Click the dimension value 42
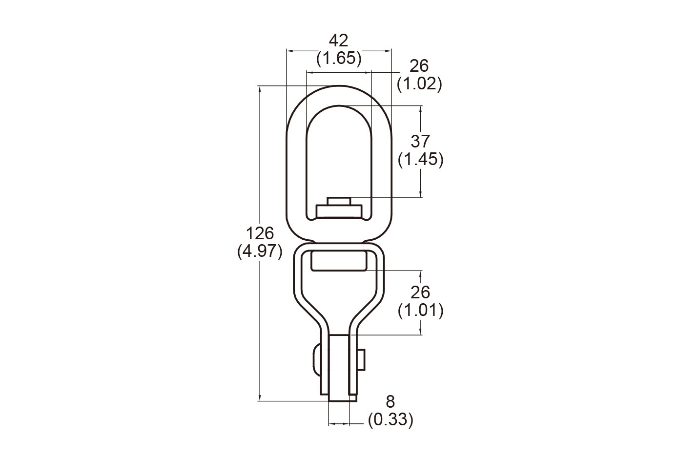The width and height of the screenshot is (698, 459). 339,41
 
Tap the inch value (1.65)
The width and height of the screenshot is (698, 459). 339,59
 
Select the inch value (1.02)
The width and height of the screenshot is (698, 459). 420,84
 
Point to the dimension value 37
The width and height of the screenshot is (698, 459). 420,142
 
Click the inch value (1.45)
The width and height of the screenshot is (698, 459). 421,160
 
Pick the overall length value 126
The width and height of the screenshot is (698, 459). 260,233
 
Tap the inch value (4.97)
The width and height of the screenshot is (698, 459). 260,251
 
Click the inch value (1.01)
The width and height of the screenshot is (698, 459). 421,311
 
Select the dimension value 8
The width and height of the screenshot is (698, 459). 390,402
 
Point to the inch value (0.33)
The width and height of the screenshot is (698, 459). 390,420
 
